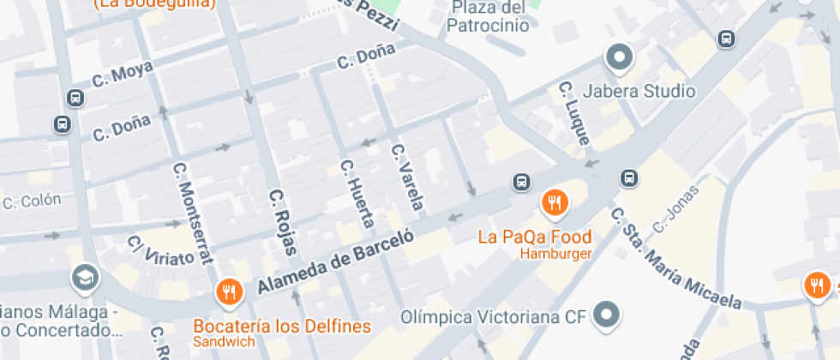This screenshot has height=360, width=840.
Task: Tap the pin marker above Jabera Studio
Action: [x=618, y=59]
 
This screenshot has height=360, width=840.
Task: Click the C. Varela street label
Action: [x=407, y=177]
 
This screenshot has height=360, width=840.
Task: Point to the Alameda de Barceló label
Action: [x=336, y=260]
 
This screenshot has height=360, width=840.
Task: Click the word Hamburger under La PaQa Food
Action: [x=555, y=254]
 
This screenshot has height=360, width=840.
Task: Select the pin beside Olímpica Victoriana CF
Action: [x=608, y=315]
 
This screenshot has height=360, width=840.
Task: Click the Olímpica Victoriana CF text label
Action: [x=494, y=317]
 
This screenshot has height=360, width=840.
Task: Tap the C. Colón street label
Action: [x=32, y=201]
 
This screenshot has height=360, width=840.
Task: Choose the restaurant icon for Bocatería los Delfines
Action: [x=229, y=292]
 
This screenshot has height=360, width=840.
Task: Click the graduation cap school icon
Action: [x=86, y=276]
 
